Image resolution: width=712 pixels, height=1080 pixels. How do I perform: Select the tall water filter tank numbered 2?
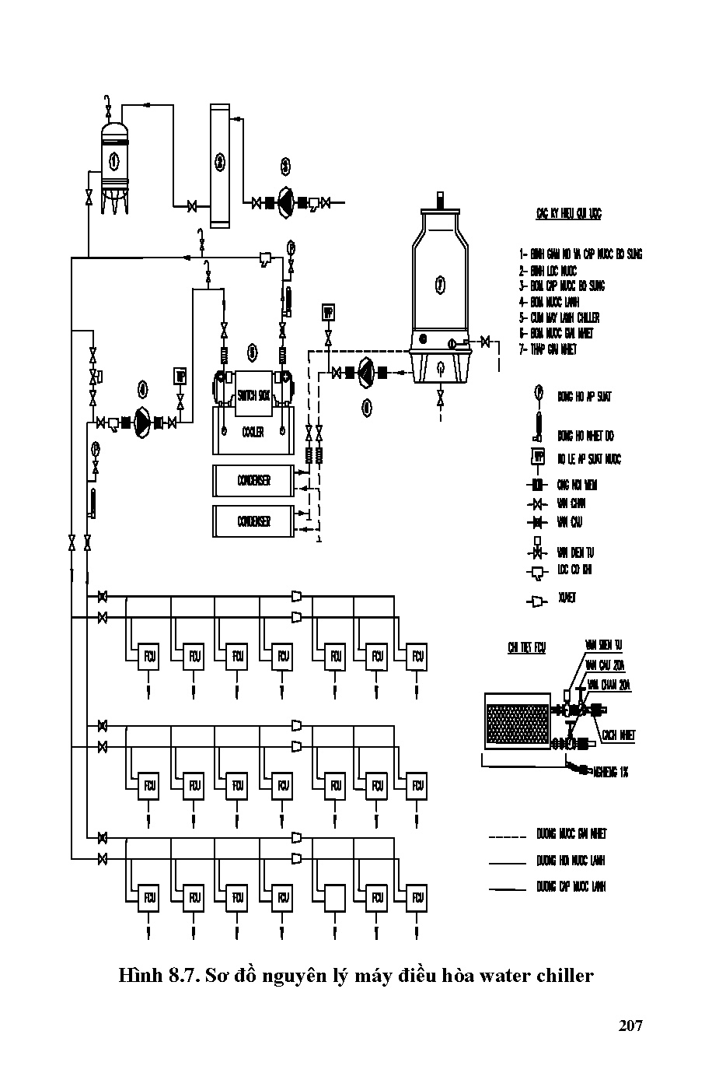[x=220, y=165]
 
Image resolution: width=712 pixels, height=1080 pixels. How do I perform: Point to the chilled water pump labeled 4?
[x=143, y=422]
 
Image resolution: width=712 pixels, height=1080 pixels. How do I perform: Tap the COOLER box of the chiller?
[x=253, y=433]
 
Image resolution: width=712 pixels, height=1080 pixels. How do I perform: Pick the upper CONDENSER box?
[x=253, y=481]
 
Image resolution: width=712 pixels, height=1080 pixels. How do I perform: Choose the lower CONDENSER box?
[x=253, y=521]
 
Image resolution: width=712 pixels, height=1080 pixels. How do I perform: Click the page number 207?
[x=630, y=1026]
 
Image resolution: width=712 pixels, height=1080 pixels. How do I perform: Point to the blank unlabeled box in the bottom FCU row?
[x=336, y=898]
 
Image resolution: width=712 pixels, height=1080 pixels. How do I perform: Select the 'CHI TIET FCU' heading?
[x=526, y=647]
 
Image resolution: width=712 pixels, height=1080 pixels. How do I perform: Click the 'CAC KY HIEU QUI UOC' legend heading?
[x=568, y=213]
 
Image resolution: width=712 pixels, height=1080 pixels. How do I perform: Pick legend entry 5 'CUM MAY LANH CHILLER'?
[x=560, y=317]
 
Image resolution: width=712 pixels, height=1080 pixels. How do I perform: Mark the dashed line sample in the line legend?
[x=508, y=836]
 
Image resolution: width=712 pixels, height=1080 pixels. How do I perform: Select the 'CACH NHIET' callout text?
[x=618, y=735]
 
